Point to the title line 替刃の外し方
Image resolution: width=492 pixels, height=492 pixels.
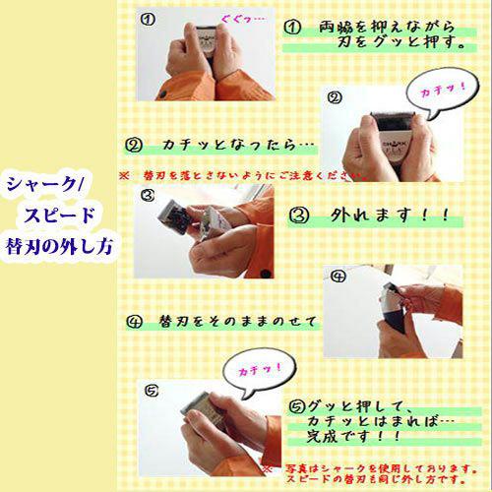(x=62, y=242)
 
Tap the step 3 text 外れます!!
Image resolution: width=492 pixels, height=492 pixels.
(x=378, y=214)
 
